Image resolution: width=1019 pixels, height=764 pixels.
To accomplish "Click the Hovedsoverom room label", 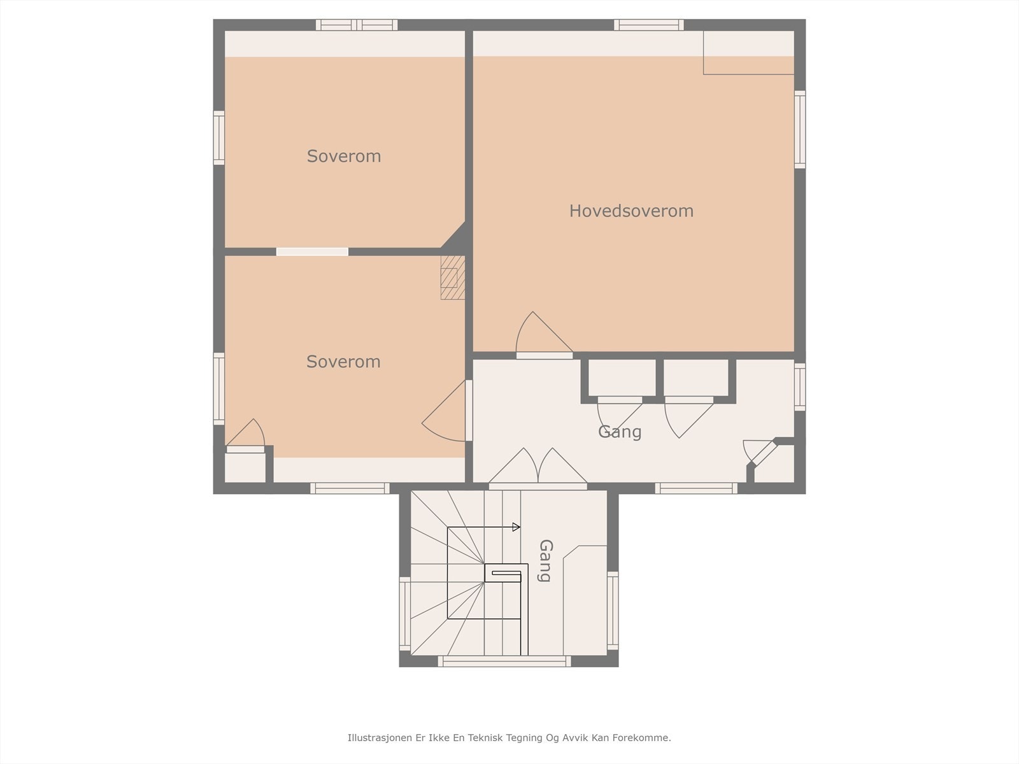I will coord(631,211).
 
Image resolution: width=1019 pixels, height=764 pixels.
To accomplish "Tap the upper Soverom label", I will coord(344,156).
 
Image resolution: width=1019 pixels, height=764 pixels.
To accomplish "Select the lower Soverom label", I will coord(343,362).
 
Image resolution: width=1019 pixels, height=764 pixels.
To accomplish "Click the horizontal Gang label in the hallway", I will coord(619,432).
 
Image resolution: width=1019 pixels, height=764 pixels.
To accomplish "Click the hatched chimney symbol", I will coord(452,278).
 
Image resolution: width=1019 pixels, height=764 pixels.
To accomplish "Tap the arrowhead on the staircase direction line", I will coord(517,527).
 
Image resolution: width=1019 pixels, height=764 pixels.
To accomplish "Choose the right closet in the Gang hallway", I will coord(696,379).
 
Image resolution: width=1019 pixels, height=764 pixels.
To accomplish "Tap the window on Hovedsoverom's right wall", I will coord(800,129).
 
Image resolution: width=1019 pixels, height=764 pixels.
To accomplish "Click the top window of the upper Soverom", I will coord(357,25).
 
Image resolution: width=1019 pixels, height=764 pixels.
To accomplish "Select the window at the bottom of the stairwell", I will coord(504,661).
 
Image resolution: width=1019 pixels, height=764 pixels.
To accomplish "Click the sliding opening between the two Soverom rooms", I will coord(312,252).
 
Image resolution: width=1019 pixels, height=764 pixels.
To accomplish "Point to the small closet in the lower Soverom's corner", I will coord(245,467).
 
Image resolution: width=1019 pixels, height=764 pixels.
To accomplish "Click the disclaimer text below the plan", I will coord(509,738).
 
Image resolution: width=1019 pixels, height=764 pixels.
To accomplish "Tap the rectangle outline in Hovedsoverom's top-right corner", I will coord(748,53).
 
